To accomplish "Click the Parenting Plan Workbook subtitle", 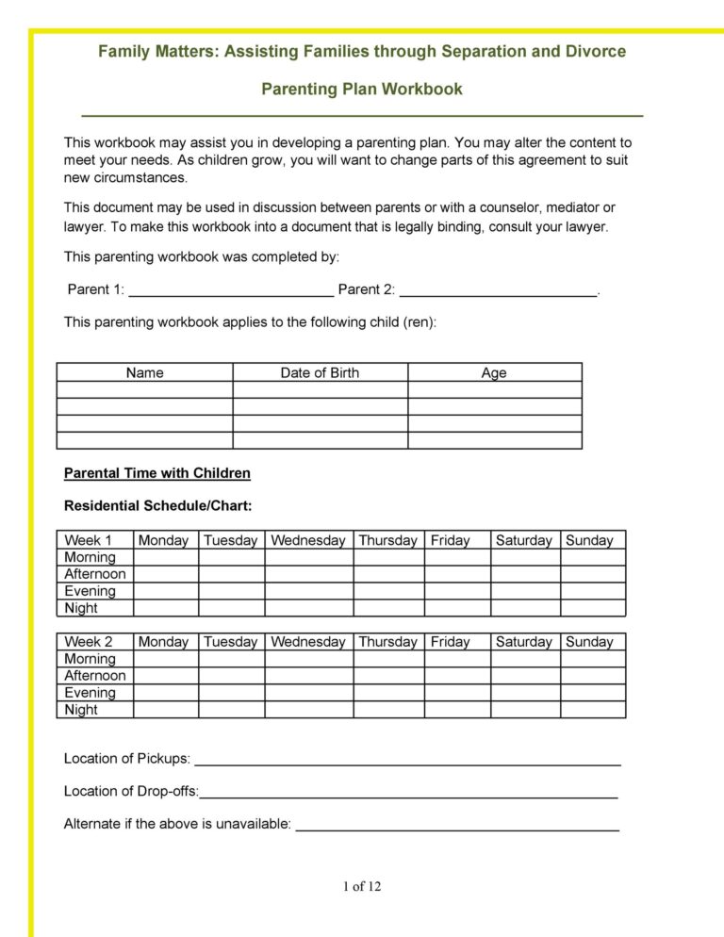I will (x=362, y=90).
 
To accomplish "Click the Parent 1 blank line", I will (x=230, y=289).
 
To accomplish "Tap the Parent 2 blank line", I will (x=498, y=289).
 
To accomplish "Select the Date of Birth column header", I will (x=320, y=372).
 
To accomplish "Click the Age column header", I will (x=494, y=372).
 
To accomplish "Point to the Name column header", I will (x=144, y=372).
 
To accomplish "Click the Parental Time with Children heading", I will (x=156, y=473).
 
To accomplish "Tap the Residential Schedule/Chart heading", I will (x=157, y=506).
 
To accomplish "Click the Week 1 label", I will (x=88, y=540).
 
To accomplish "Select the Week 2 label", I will (x=88, y=642).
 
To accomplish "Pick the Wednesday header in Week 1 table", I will (x=308, y=540).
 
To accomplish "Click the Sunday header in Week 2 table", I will (x=589, y=642).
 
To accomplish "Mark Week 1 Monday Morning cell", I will (x=165, y=557).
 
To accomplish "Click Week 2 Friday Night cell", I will (x=457, y=710).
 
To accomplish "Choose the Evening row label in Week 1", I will (x=90, y=591).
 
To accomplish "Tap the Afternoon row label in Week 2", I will (x=94, y=676).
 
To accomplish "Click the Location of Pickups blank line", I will (x=407, y=759).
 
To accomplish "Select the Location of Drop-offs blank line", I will (x=409, y=792).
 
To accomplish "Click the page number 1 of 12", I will (x=362, y=886).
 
